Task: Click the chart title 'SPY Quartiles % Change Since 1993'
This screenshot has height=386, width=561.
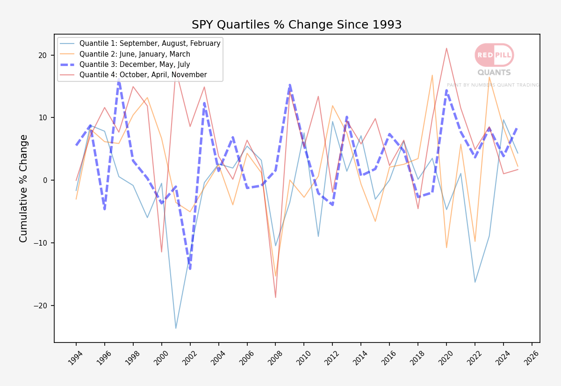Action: [x=296, y=25]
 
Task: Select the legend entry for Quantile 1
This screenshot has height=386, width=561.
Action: [x=140, y=44]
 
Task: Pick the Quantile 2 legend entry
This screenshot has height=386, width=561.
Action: [x=125, y=54]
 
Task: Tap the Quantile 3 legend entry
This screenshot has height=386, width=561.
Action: [x=125, y=65]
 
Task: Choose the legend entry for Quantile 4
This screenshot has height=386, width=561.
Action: [x=133, y=75]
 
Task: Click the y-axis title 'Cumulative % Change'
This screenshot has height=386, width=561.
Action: [x=23, y=189]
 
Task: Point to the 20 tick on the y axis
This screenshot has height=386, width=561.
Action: [x=43, y=55]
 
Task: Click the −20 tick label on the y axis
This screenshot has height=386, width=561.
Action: [x=40, y=306]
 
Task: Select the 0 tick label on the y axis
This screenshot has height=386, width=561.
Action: [x=45, y=181]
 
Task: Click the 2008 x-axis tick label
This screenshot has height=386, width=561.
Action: [x=274, y=358]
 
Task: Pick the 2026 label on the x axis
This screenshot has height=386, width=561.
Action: [x=531, y=358]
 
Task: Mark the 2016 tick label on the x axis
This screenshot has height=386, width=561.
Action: [x=388, y=358]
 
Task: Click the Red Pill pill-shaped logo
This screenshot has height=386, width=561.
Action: [x=494, y=55]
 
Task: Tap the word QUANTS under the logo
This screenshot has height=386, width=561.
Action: [x=494, y=73]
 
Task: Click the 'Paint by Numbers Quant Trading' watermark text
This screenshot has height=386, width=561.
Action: [x=493, y=85]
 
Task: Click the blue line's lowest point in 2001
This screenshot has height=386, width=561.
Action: [x=176, y=328]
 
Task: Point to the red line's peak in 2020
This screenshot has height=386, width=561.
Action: [x=446, y=48]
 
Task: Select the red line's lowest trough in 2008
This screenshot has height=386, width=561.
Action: [x=275, y=297]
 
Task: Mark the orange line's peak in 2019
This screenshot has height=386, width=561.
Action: [x=432, y=75]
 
